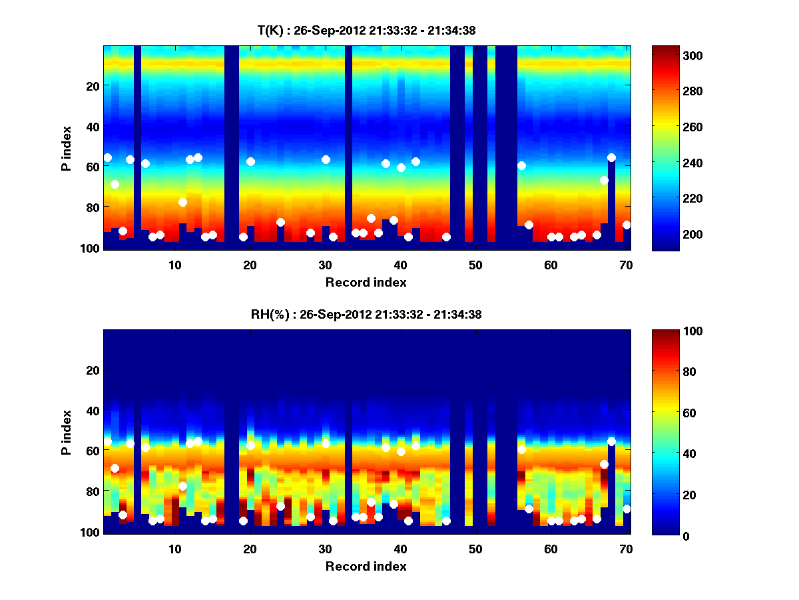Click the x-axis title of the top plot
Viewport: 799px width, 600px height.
pos(366,282)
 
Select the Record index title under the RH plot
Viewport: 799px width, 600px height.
pos(366,566)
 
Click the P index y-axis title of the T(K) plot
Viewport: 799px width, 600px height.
pos(66,148)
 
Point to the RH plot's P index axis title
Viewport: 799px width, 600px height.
pos(66,432)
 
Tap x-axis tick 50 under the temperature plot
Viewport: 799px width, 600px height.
pos(475,265)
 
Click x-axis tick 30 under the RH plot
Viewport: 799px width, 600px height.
pos(325,549)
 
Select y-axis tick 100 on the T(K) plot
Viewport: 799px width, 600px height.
pos(92,248)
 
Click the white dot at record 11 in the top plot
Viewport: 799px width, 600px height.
pos(182,202)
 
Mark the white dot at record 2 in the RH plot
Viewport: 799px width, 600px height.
pos(115,468)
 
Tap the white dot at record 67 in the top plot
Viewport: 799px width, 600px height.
pos(604,180)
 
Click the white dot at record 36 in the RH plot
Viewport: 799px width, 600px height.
pos(371,502)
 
